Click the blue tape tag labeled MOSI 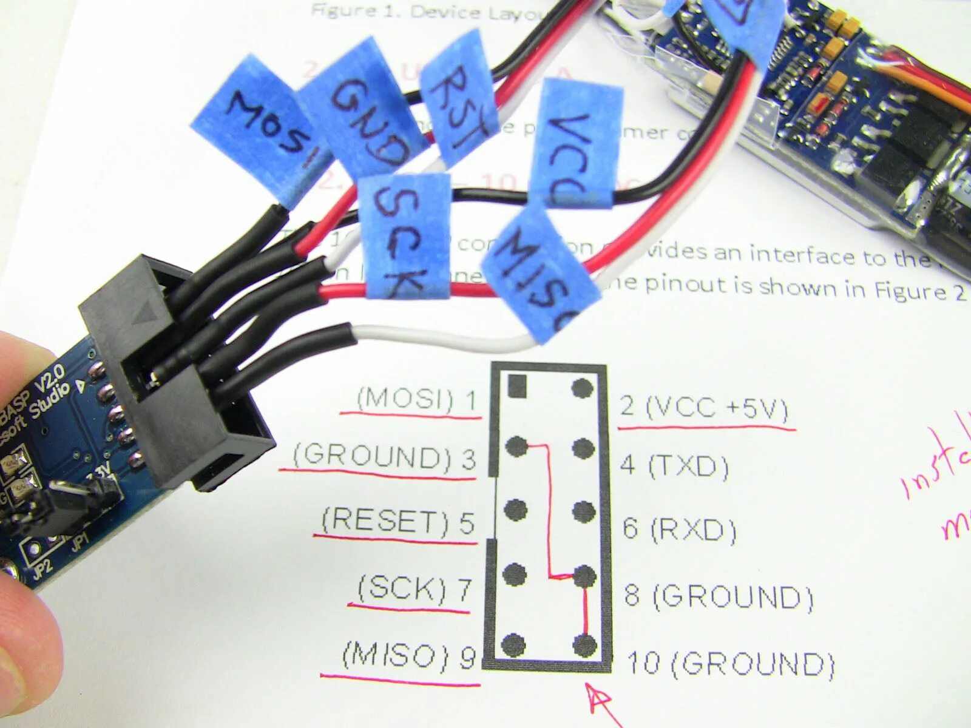261,130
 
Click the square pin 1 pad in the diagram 517,385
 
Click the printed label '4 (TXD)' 674,467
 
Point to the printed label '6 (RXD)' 679,529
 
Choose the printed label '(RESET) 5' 398,521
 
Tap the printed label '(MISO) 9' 408,655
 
